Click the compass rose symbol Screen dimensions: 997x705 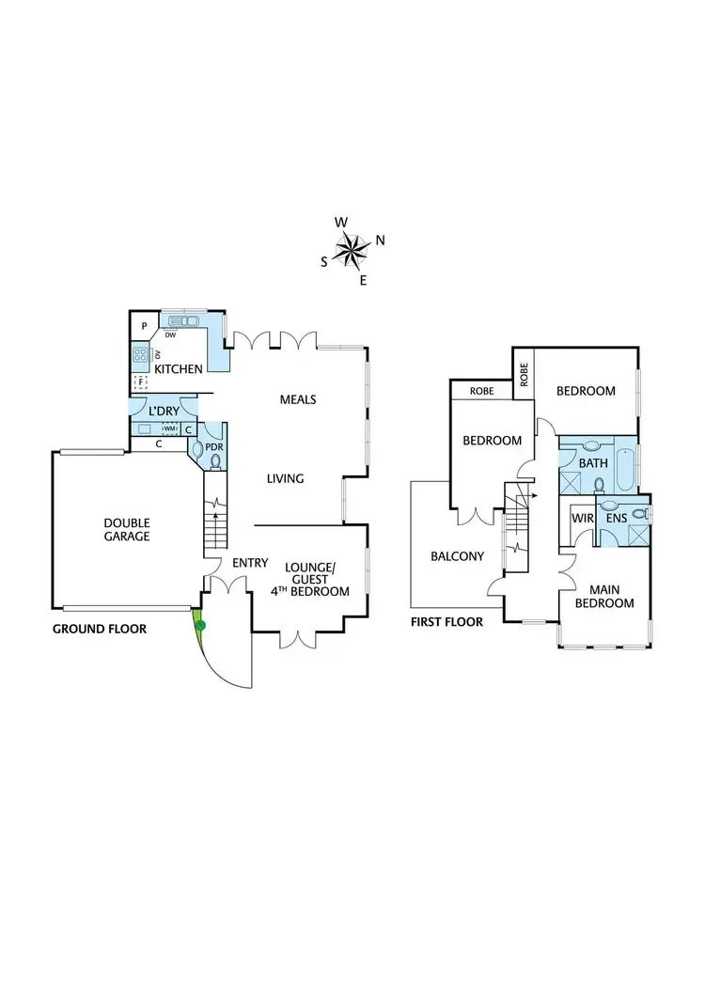[352, 249]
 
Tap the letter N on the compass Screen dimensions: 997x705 [380, 241]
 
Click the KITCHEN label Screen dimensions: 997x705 [179, 369]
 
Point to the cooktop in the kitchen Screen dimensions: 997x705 [141, 355]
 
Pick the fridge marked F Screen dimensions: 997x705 [141, 382]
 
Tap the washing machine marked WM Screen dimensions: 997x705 [170, 428]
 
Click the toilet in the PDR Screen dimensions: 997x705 [217, 460]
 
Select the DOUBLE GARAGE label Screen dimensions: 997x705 [127, 530]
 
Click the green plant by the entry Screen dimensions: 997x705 [199, 624]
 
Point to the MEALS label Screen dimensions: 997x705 [298, 399]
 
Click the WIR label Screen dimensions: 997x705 [581, 518]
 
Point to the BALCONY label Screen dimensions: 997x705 [458, 556]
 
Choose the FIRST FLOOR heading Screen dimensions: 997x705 [446, 622]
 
